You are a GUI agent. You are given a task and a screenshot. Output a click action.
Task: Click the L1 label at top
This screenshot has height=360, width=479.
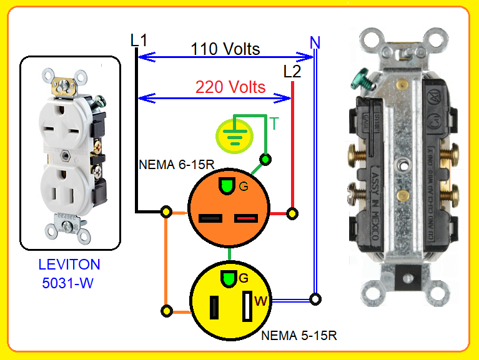139,41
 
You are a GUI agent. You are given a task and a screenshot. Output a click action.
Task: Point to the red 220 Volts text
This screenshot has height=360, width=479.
230,87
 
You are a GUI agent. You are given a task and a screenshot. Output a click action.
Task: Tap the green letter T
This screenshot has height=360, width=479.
274,124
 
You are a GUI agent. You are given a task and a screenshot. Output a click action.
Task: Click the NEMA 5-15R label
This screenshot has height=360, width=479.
299,335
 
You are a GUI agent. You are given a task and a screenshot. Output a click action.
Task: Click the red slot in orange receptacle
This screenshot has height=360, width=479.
246,218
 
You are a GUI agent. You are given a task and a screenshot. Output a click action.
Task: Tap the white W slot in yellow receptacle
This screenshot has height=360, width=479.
247,304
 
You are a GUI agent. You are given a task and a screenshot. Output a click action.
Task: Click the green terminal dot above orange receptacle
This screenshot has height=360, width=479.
266,160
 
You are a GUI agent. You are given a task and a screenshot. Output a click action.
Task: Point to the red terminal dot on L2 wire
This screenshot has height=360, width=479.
291,213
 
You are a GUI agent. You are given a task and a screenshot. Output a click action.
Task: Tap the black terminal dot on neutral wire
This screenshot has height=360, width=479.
316,299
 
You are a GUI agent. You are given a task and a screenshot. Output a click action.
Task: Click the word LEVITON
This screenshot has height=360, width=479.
68,265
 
